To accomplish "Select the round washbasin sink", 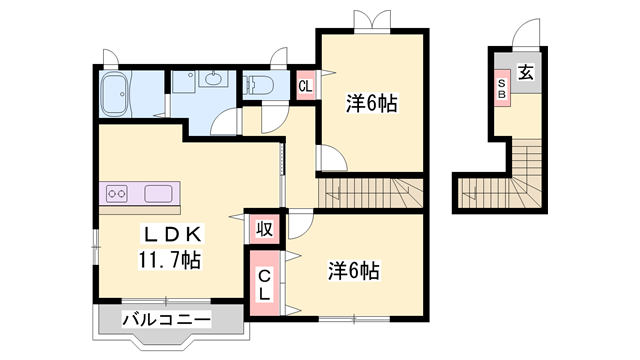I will pyautogui.click(x=213, y=79).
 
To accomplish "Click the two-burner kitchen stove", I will pyautogui.click(x=117, y=193).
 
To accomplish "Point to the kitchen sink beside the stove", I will pyautogui.click(x=159, y=193).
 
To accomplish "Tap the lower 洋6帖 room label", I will pyautogui.click(x=353, y=269).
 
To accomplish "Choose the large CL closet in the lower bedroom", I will pyautogui.click(x=264, y=284).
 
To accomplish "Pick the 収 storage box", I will pyautogui.click(x=264, y=228).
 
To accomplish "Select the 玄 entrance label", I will pyautogui.click(x=525, y=73).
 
